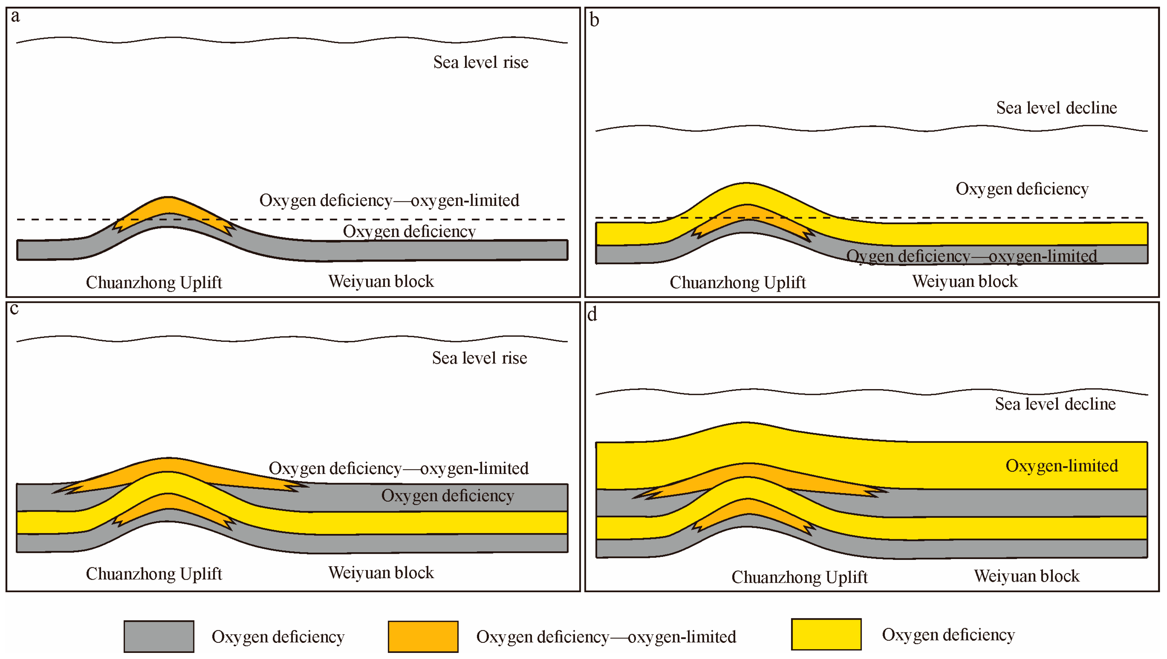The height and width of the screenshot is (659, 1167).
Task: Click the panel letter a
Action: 15,17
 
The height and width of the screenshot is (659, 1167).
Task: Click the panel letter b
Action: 594,20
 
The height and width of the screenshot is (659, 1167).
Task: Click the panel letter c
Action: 14,309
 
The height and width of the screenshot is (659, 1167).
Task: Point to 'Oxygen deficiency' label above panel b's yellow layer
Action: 1022,189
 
